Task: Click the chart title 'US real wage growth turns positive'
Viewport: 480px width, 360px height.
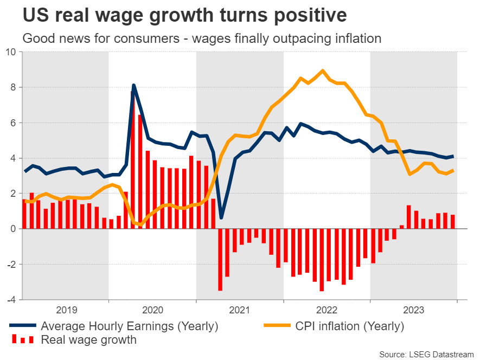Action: coord(184,15)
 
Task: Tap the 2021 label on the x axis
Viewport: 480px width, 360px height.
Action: coord(239,310)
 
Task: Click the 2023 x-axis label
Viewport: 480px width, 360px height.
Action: coord(413,310)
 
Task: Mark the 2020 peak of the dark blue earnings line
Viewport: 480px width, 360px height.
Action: coord(133,85)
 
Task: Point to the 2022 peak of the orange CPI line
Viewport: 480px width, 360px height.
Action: coord(323,70)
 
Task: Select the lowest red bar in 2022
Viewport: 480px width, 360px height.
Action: coord(322,260)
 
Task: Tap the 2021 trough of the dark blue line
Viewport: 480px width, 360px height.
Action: coord(221,217)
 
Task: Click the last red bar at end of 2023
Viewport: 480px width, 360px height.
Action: coord(453,222)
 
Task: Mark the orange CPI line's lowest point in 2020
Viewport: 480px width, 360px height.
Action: coord(141,224)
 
